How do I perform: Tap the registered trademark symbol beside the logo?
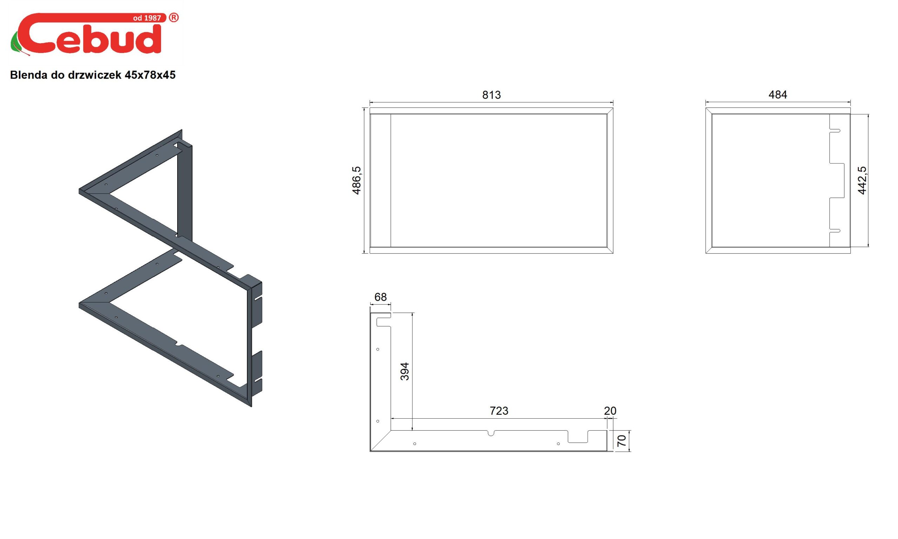click(x=174, y=18)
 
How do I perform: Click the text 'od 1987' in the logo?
click(x=147, y=18)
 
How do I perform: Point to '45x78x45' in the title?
click(x=150, y=75)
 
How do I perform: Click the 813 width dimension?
click(x=491, y=95)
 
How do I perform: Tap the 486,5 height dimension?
click(x=356, y=180)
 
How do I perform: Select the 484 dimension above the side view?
click(x=778, y=95)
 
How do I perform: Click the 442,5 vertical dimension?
click(x=862, y=180)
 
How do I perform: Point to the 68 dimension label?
click(x=380, y=297)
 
